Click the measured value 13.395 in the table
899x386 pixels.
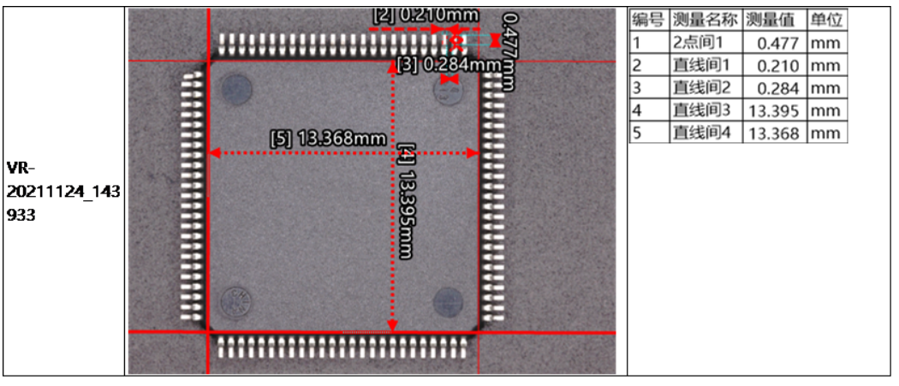(774, 110)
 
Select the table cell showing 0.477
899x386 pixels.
(774, 43)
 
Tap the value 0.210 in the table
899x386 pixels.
(774, 65)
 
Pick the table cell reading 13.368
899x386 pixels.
(774, 133)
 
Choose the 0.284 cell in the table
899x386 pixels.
(774, 87)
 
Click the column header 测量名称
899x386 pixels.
(705, 20)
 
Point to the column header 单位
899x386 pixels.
(826, 20)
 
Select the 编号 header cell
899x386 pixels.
(648, 20)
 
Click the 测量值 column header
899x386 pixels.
(774, 20)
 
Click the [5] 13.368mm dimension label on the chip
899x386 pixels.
(327, 138)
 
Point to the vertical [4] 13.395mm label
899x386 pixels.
(406, 202)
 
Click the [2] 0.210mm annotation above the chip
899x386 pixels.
(426, 15)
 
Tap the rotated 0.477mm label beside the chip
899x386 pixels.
(509, 51)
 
